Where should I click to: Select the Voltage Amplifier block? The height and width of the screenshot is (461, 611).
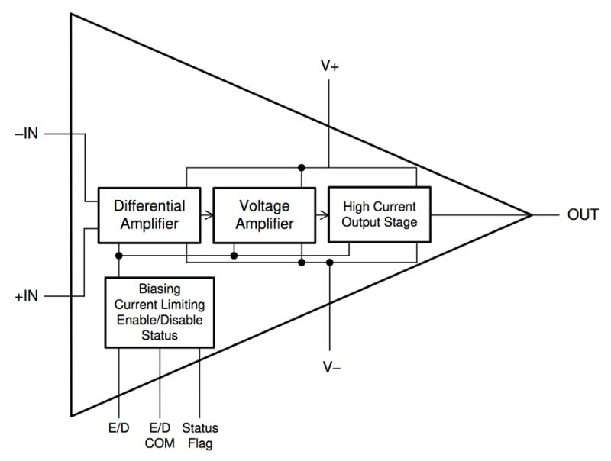(263, 214)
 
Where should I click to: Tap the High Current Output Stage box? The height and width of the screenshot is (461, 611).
(379, 214)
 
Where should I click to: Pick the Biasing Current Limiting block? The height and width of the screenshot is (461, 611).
(160, 313)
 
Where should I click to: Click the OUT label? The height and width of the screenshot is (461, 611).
(583, 215)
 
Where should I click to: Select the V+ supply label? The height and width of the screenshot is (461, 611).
(330, 66)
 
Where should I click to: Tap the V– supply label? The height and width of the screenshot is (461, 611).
(331, 368)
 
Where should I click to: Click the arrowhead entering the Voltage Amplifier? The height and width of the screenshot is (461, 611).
(209, 215)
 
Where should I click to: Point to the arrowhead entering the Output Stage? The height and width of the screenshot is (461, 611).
(324, 215)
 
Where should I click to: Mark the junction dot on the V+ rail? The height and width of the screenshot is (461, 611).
(302, 167)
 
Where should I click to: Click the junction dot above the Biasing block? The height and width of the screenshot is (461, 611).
(120, 255)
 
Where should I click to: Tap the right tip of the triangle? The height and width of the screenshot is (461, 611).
(532, 215)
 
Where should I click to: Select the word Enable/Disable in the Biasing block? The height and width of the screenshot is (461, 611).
(160, 321)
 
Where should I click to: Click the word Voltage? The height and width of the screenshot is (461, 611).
(263, 206)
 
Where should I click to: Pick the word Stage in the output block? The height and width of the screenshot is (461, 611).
(401, 223)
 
